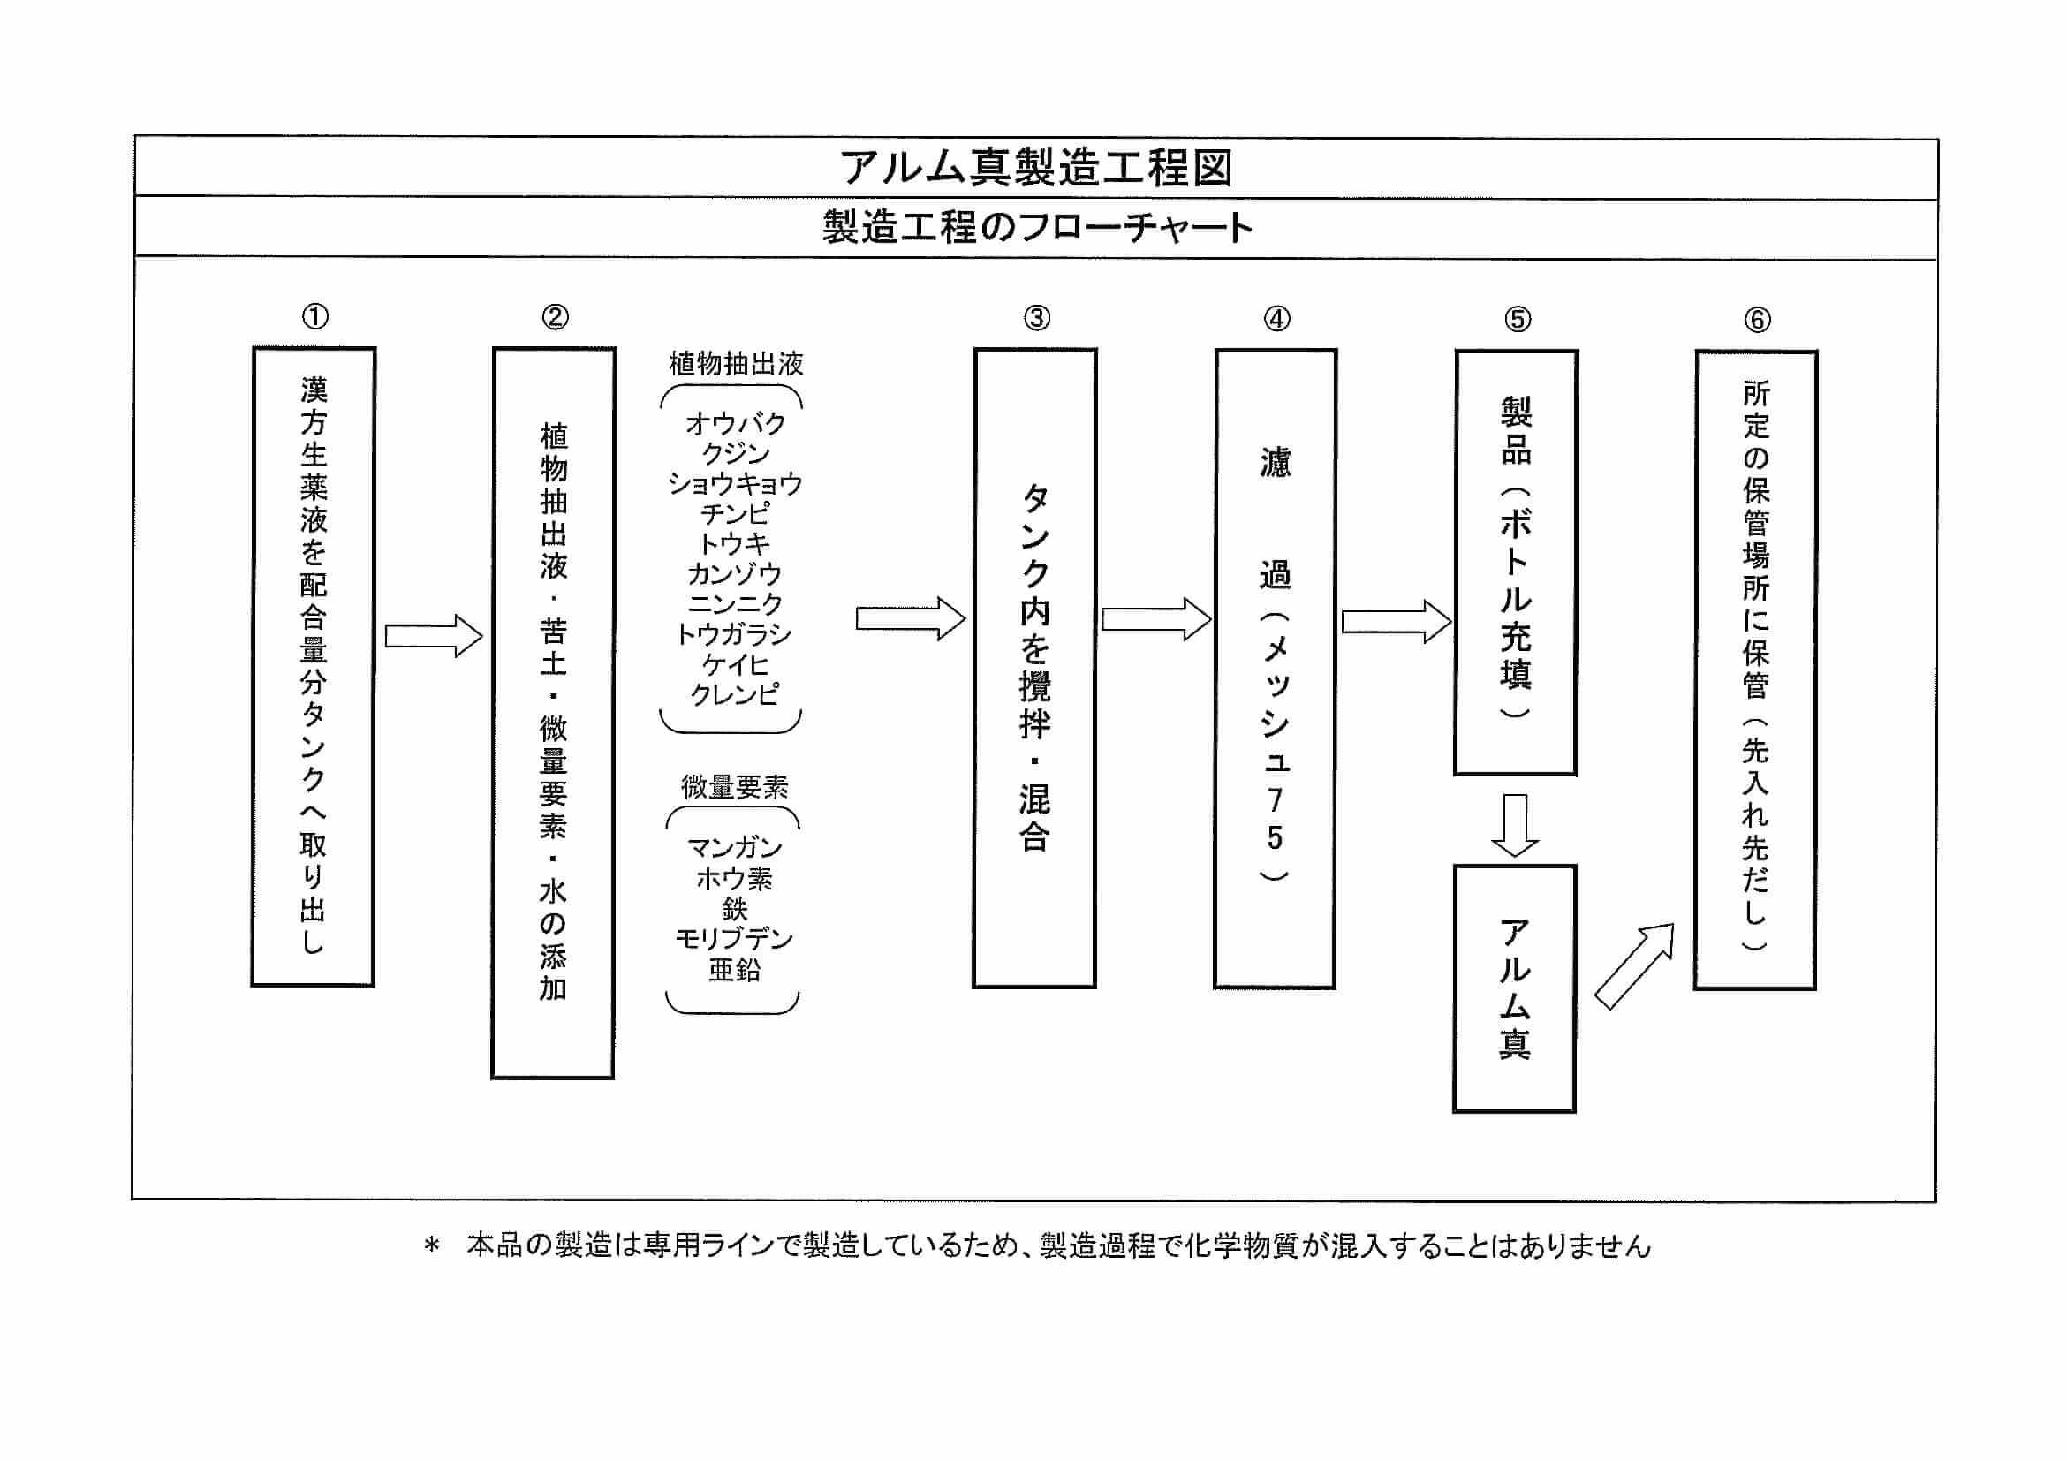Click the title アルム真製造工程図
coord(1035,169)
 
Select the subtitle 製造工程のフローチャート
coord(1036,228)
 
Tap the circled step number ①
coord(315,317)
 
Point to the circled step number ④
coord(1276,319)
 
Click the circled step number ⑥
coord(1757,320)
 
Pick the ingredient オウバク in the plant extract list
coord(735,423)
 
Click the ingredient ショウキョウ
coord(735,483)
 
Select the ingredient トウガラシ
coord(735,634)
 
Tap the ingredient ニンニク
coord(735,604)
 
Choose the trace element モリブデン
coord(735,939)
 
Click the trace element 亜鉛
coord(735,970)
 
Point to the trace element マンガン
coord(735,848)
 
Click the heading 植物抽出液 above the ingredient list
coord(736,364)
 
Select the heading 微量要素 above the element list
coord(735,788)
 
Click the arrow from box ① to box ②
coord(434,637)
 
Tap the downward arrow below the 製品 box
coord(1515,824)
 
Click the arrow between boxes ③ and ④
coord(1156,619)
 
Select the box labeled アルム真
coord(1514,989)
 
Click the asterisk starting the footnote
coord(432,1246)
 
